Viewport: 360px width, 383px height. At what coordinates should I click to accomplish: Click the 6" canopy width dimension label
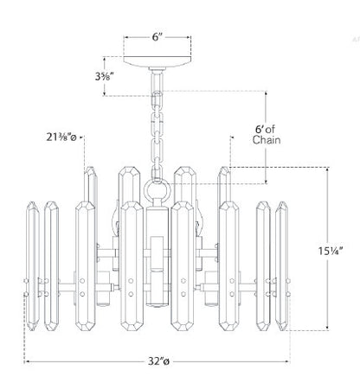[x=157, y=37]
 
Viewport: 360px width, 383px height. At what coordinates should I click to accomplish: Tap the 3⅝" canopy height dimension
[x=104, y=76]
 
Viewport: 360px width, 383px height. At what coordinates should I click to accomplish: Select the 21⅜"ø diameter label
[x=61, y=137]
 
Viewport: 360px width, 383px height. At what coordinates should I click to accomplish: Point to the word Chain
[x=267, y=140]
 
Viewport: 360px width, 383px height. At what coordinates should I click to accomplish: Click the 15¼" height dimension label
[x=331, y=251]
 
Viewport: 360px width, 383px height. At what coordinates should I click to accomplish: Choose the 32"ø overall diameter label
[x=158, y=361]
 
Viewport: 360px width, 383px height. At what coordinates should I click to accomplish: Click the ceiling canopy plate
[x=157, y=61]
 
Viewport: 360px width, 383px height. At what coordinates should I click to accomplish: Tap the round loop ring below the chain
[x=157, y=190]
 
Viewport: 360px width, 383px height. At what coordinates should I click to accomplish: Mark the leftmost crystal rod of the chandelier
[x=33, y=265]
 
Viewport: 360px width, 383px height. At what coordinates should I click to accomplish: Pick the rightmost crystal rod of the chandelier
[x=281, y=265]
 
